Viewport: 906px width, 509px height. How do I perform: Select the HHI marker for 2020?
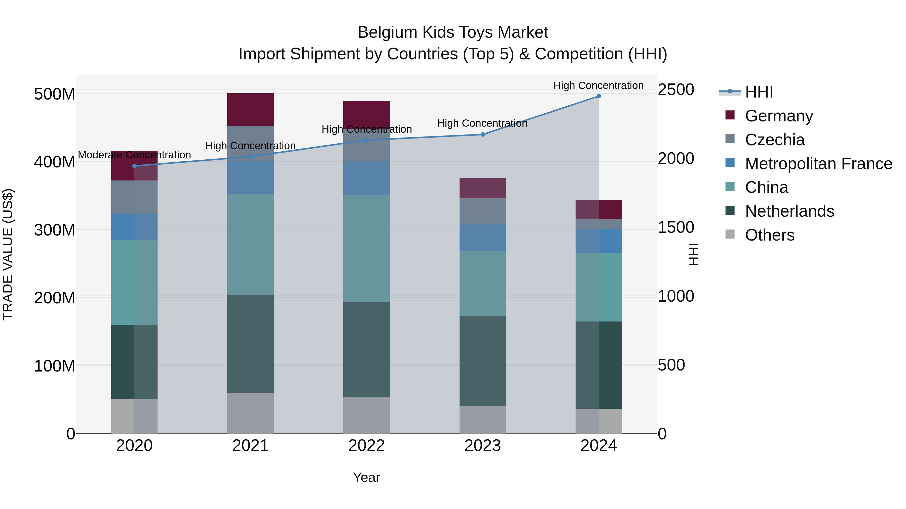(134, 166)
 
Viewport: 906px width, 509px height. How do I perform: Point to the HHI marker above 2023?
(482, 134)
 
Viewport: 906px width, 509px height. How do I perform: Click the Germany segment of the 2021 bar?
(250, 109)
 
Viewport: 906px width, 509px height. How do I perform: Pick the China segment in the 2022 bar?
(366, 248)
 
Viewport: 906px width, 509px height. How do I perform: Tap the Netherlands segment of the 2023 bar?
(482, 360)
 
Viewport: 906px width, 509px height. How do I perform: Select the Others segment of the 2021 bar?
(250, 413)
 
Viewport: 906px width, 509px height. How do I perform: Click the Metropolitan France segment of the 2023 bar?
(482, 238)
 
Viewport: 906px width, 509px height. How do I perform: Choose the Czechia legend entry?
(774, 140)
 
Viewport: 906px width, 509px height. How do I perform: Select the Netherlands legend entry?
(789, 211)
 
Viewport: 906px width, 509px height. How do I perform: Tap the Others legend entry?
(770, 235)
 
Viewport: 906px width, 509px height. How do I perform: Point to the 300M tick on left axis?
(55, 230)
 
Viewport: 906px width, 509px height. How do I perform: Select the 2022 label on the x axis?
(366, 446)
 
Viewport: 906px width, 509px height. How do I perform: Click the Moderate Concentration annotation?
(134, 155)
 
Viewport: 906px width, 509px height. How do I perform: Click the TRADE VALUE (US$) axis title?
(8, 254)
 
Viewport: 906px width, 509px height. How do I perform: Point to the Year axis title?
(366, 477)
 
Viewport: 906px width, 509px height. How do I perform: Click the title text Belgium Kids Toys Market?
(453, 32)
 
